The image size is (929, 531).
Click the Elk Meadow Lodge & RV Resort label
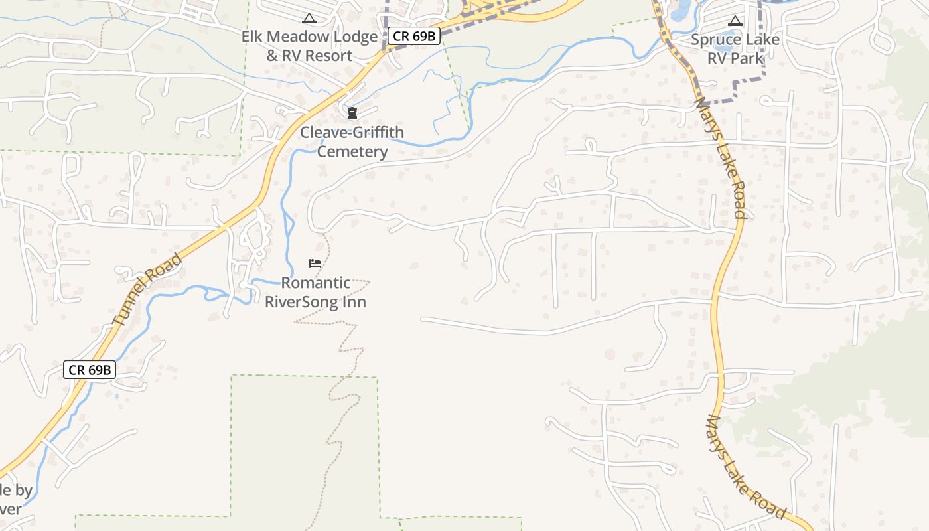309,46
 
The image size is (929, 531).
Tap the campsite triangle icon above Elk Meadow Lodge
309,18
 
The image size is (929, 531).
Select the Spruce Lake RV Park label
735,48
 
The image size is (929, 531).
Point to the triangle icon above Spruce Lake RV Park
735,21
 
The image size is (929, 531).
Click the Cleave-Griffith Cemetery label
352,141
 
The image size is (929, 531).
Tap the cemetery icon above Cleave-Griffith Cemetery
352,114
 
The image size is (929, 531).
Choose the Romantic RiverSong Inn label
315,292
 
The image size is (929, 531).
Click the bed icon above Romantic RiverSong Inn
315,264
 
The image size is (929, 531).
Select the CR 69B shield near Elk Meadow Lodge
413,36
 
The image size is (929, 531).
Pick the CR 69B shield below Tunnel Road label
90,370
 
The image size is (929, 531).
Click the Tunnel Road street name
147,289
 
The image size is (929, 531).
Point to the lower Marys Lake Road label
746,468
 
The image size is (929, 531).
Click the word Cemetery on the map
352,151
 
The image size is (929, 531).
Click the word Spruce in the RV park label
713,39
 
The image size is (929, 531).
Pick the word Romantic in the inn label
315,283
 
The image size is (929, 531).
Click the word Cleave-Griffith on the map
352,132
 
